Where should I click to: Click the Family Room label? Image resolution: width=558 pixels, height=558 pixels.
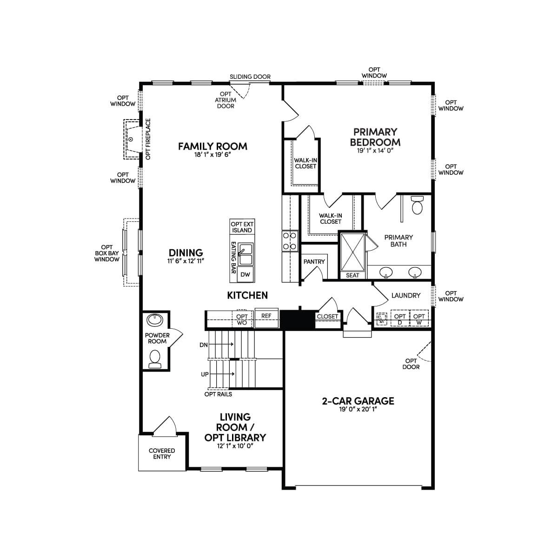[213, 146]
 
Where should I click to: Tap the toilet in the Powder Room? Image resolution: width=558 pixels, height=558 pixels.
[155, 359]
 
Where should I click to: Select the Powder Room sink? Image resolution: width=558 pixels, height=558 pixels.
[155, 319]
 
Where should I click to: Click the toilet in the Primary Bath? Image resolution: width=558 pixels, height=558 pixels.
[417, 206]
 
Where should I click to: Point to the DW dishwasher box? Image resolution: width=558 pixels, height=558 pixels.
[245, 274]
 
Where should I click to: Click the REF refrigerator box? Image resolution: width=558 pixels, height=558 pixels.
[266, 318]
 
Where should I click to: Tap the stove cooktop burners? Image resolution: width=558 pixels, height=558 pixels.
[290, 241]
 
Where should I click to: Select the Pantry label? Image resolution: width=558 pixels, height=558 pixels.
[314, 262]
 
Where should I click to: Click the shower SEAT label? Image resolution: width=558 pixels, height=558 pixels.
[352, 275]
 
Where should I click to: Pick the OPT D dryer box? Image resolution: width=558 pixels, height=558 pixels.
[400, 318]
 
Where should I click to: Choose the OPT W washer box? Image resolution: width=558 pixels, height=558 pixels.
[419, 318]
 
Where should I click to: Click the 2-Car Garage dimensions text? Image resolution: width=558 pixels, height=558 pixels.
[358, 409]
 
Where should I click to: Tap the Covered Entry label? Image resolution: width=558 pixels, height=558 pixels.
[162, 454]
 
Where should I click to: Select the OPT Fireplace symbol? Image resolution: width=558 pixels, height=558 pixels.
[133, 139]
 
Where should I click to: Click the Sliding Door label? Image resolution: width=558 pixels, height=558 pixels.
[250, 77]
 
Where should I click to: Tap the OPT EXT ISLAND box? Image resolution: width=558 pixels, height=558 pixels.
[242, 227]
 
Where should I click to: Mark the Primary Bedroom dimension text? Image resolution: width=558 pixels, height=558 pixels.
[375, 151]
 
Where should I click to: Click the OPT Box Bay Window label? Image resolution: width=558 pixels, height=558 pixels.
[107, 253]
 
